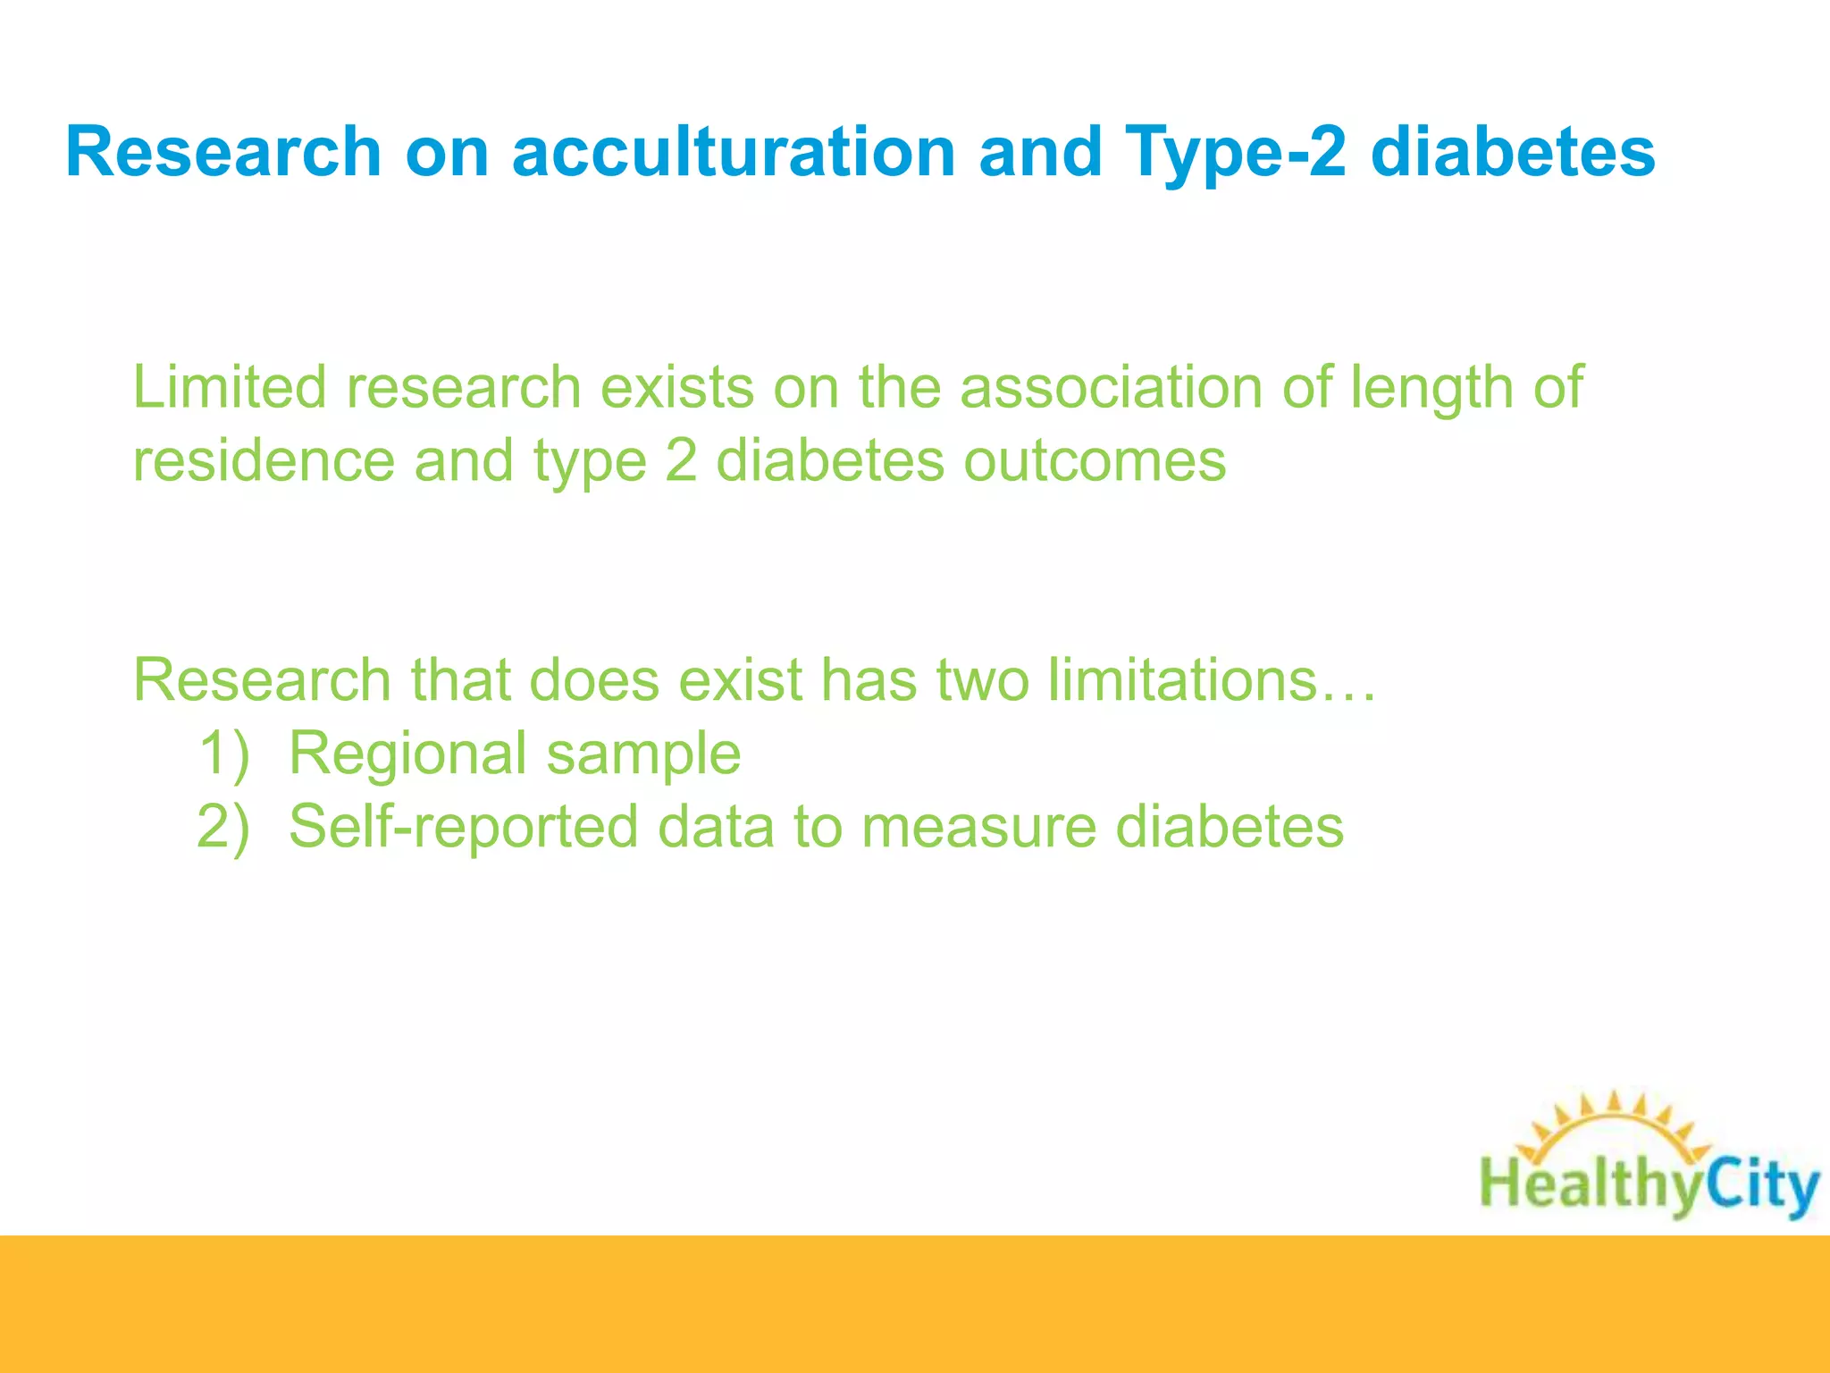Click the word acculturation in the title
[x=734, y=152]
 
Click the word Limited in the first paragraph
[x=230, y=388]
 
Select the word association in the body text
[x=1111, y=388]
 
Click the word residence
[x=264, y=461]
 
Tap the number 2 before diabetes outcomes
[x=681, y=461]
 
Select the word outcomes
[x=1095, y=461]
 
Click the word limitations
[x=1184, y=680]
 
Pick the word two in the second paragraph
[x=981, y=680]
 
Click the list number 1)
[x=223, y=754]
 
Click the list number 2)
[x=223, y=827]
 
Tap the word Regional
[x=407, y=754]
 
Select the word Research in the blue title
[x=223, y=152]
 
